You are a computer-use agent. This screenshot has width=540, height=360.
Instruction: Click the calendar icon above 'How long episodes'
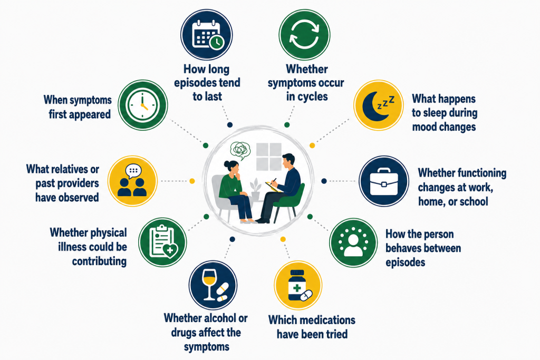pos(206,35)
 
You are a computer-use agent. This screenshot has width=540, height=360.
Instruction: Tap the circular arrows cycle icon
pos(304,35)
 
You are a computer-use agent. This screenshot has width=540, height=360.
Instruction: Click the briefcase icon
pos(384,181)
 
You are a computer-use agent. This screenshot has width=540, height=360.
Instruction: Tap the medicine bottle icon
pos(298,286)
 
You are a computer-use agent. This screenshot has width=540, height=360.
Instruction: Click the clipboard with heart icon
pos(162,242)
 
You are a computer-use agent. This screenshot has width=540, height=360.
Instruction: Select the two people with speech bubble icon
pos(132,181)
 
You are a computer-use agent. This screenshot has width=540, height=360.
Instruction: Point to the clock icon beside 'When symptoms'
pos(142,105)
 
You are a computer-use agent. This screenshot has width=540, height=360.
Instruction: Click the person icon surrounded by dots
pos(353,242)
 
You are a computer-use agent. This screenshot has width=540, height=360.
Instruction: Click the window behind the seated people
pos(269,157)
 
